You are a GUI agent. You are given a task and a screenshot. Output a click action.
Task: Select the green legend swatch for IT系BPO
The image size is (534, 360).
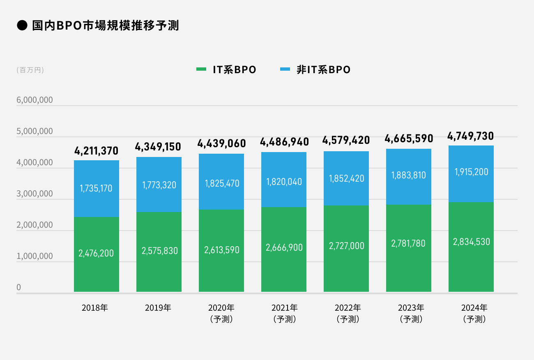(201, 69)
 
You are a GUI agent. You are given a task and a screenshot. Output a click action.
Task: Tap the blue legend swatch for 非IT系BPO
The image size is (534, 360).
(285, 69)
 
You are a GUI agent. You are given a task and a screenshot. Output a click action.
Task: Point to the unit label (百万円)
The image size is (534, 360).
(30, 70)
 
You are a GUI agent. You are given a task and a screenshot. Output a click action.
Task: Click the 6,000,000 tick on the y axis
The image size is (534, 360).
(35, 100)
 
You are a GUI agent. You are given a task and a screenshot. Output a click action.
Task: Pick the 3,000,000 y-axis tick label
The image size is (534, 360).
(35, 194)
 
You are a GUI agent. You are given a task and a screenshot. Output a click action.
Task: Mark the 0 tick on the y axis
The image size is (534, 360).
(18, 287)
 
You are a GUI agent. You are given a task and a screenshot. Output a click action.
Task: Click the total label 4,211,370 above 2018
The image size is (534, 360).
(96, 151)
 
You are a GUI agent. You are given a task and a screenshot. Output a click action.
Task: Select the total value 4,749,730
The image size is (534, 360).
(471, 136)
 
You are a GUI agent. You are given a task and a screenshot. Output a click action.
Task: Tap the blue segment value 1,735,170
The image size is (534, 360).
(96, 188)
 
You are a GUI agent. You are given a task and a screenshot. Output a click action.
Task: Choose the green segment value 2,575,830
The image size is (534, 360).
(159, 251)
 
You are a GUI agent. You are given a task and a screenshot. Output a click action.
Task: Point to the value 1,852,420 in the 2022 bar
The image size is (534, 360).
(346, 178)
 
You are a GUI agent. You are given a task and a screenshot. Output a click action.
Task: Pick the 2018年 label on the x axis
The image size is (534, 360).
(95, 307)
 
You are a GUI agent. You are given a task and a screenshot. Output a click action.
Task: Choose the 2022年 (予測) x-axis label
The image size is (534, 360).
(348, 313)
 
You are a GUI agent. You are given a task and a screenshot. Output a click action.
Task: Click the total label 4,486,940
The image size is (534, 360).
(284, 142)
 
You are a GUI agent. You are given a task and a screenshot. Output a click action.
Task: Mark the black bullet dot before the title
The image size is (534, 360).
(22, 26)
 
